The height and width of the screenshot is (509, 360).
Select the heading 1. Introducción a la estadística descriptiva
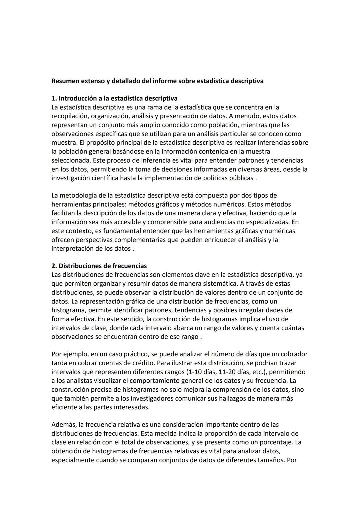(114, 98)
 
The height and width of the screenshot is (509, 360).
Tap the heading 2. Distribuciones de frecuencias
(99, 266)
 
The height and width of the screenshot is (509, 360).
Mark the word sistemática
(252, 284)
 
